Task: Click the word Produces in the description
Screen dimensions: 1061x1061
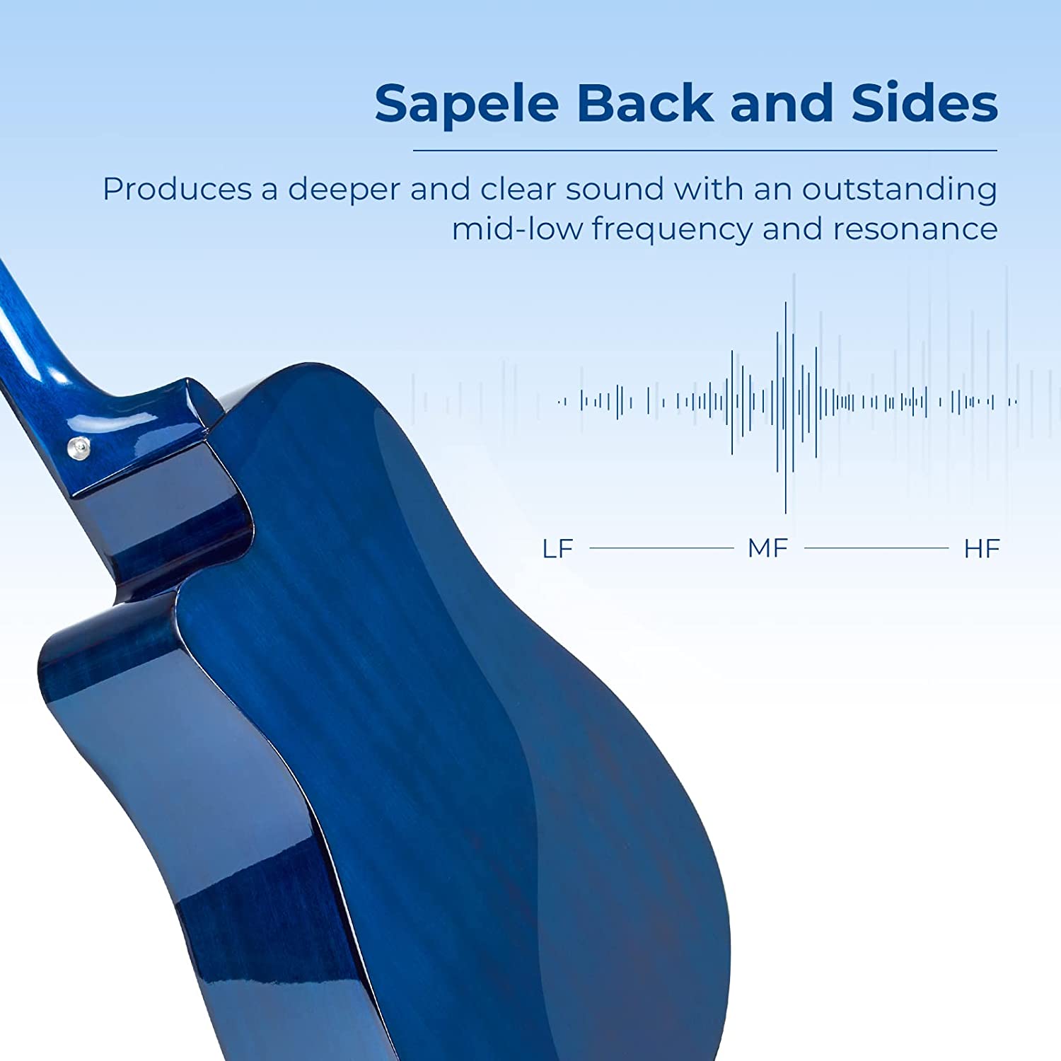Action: pos(178,189)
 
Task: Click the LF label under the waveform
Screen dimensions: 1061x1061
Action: pos(557,549)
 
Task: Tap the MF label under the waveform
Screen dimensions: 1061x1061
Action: pos(767,549)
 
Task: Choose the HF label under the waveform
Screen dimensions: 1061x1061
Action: pos(982,549)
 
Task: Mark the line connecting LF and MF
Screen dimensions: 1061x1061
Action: pos(661,548)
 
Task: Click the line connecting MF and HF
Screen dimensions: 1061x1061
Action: pos(876,548)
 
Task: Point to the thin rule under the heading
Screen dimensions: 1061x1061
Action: pos(705,151)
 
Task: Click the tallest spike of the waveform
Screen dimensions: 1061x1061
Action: pos(785,407)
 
